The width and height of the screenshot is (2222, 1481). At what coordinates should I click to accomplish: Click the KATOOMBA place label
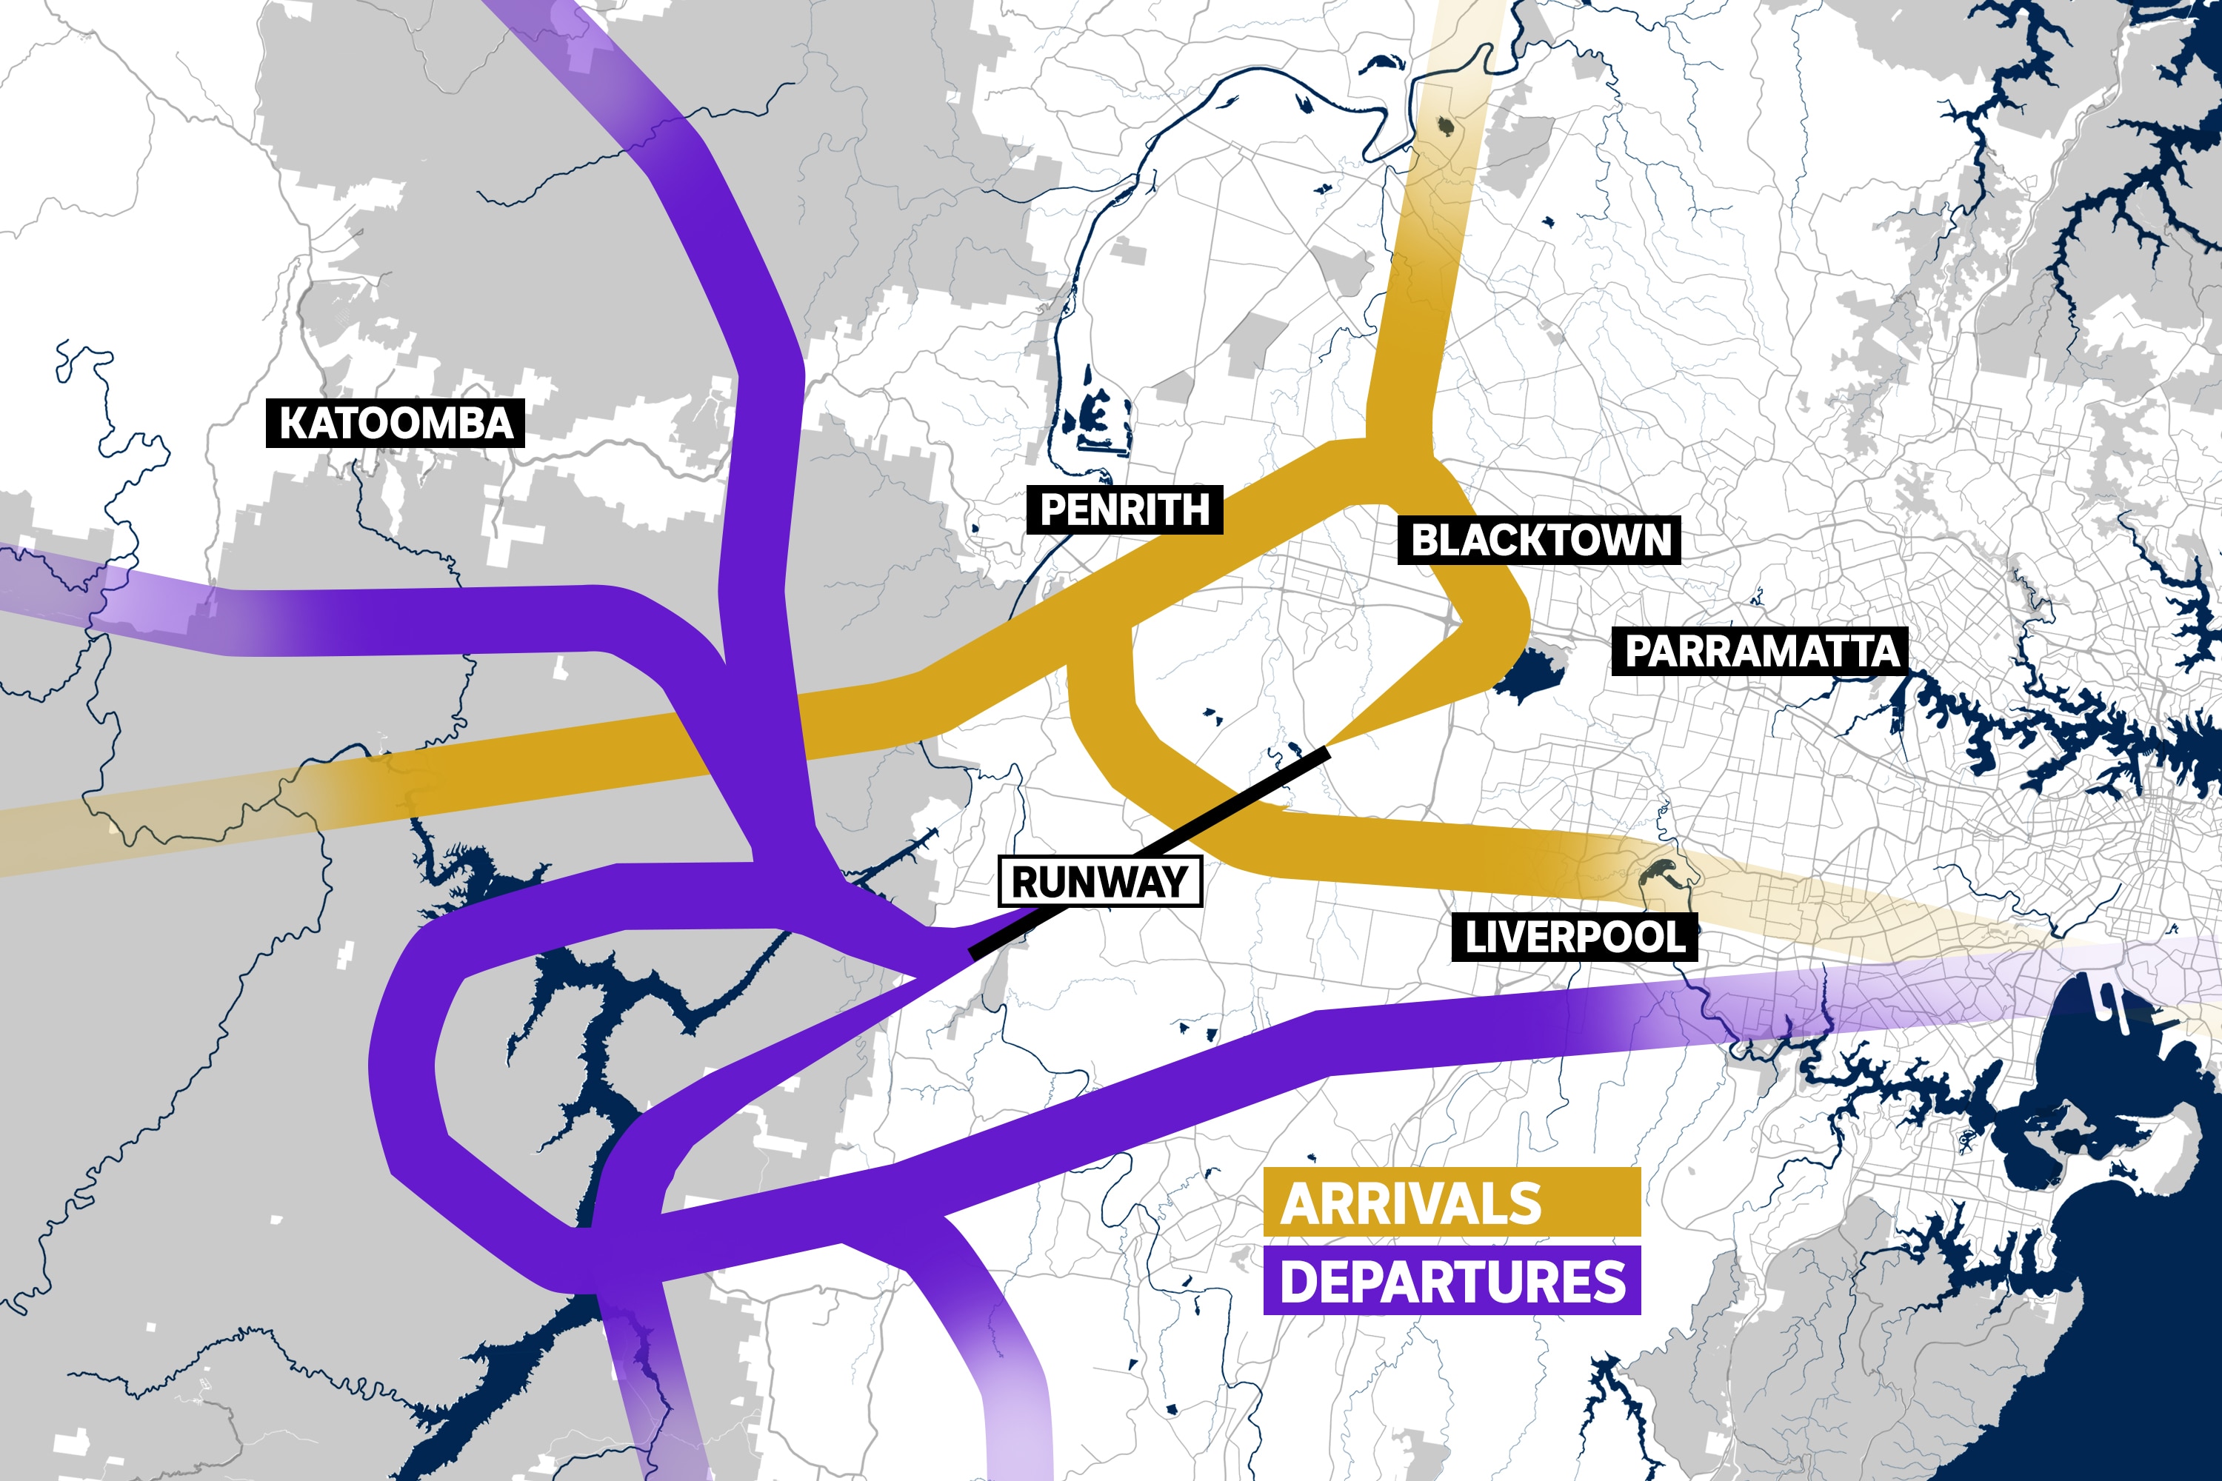(x=395, y=423)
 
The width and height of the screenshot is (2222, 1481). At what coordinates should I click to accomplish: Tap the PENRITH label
(x=1124, y=510)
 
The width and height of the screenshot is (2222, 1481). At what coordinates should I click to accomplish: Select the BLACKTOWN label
(x=1539, y=541)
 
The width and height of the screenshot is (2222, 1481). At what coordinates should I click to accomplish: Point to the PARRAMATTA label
(x=1760, y=651)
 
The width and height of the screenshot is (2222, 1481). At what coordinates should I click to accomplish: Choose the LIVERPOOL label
(x=1574, y=937)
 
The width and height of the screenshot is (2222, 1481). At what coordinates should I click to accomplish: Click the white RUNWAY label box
(x=1100, y=881)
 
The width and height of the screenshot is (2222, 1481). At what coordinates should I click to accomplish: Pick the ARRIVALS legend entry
(x=1451, y=1203)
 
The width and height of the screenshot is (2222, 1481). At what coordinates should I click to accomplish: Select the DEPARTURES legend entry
(x=1451, y=1281)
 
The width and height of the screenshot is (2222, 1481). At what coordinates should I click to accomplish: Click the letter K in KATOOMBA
(x=293, y=423)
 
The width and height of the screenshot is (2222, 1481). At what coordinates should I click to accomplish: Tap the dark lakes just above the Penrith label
(x=1096, y=415)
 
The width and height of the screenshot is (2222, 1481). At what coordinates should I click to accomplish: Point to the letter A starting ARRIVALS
(x=1302, y=1203)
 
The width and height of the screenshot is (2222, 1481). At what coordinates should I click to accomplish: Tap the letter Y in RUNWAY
(x=1174, y=881)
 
